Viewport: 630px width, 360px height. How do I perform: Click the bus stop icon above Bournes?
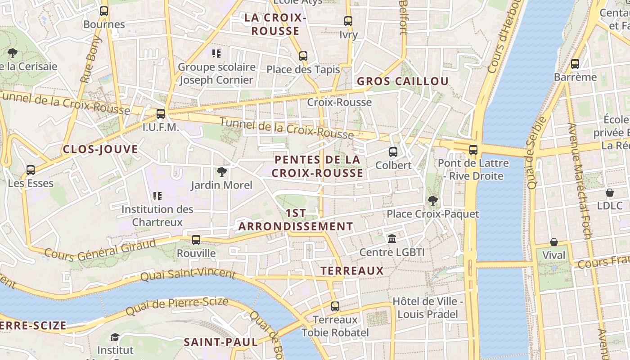[104, 11]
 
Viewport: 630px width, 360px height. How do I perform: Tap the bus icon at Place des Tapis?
[303, 56]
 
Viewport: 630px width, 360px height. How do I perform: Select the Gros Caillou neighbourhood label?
[403, 81]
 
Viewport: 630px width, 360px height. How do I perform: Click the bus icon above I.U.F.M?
[161, 114]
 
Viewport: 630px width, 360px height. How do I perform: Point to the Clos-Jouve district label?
[100, 149]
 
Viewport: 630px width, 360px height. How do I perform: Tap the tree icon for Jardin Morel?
[221, 172]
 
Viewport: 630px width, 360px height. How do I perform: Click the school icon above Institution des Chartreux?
[157, 196]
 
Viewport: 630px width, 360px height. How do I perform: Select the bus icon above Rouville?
[196, 240]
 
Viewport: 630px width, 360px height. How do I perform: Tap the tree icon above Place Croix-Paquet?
[433, 201]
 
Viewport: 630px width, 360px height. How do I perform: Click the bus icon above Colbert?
[393, 152]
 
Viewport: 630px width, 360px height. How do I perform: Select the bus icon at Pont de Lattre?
[473, 150]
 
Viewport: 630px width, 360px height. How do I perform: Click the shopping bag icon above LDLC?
[610, 193]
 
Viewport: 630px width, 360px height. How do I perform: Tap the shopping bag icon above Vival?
[554, 242]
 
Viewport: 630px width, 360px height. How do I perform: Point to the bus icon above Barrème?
[575, 64]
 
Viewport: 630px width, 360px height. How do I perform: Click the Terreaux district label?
[352, 271]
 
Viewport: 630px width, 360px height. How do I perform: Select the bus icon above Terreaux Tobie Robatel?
[335, 306]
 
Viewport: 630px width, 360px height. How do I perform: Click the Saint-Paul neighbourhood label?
[221, 342]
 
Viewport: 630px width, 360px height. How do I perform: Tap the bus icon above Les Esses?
[31, 170]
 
